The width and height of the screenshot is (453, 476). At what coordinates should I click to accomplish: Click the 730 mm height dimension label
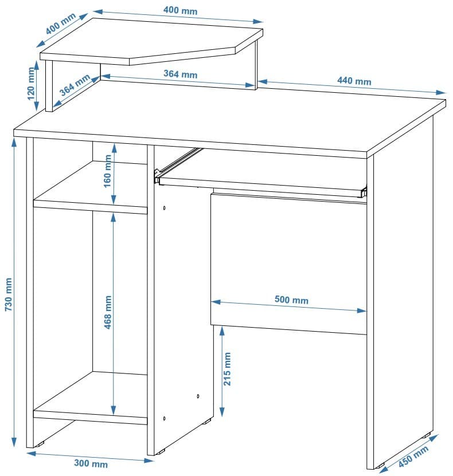(x=9, y=294)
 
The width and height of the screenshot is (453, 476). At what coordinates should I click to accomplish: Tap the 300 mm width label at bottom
(x=91, y=464)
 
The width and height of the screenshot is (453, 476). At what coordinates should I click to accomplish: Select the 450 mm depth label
(x=413, y=457)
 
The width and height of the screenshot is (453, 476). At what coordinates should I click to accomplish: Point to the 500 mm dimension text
(x=291, y=300)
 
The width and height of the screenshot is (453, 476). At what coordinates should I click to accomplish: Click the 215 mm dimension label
(x=227, y=369)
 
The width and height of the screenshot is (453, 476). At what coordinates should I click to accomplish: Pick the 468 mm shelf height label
(x=108, y=312)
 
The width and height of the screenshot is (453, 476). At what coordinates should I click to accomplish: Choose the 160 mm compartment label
(x=108, y=171)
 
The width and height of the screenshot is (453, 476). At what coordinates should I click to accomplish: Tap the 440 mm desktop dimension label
(x=354, y=81)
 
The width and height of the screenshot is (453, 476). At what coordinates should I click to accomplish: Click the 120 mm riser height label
(x=31, y=84)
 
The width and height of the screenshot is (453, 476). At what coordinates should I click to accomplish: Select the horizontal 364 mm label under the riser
(x=180, y=74)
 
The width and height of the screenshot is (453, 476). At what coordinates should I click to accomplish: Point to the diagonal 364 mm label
(x=75, y=85)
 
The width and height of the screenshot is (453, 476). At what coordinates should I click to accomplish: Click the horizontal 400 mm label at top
(x=180, y=10)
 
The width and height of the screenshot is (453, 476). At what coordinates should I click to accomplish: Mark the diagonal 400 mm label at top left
(x=61, y=23)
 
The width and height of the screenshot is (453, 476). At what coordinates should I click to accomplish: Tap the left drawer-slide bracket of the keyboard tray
(x=157, y=176)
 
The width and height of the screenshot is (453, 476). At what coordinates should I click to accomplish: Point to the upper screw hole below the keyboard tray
(x=165, y=208)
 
